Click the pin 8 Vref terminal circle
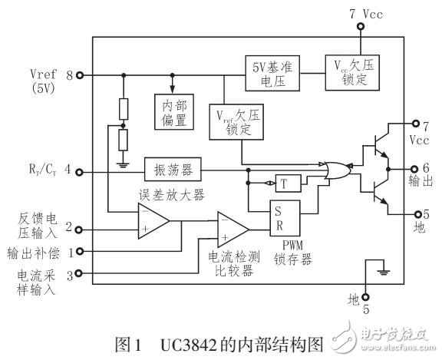pyautogui.click(x=80, y=75)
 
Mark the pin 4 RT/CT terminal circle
pyautogui.click(x=80, y=171)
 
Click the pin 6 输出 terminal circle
pyautogui.click(x=417, y=167)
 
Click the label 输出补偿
pyautogui.click(x=33, y=252)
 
